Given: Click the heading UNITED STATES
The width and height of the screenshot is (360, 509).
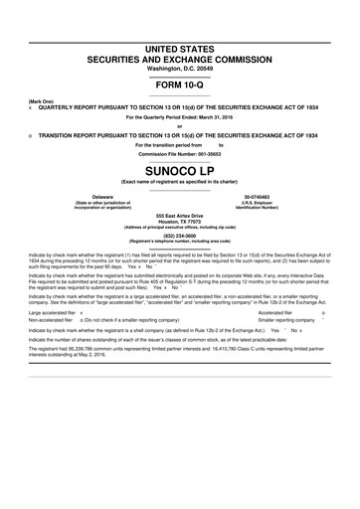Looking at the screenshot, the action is point(180,48).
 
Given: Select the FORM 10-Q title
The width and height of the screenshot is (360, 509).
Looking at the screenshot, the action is point(180,85).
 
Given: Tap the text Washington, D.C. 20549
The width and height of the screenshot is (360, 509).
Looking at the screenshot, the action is point(180,68).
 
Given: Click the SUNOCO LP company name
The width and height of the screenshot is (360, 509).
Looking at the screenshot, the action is point(180,171).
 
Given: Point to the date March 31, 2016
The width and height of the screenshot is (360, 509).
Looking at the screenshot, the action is point(208,116).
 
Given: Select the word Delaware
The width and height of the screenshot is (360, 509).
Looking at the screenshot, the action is point(102,197).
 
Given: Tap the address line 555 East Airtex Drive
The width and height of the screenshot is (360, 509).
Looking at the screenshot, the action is point(180,215).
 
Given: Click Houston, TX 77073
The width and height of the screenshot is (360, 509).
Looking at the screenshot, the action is point(180,221).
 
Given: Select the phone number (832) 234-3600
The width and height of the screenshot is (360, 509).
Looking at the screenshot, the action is point(180,236).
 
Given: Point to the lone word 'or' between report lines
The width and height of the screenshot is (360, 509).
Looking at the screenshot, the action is point(180,125).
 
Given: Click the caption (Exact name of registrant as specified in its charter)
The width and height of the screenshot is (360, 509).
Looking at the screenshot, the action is point(180,183).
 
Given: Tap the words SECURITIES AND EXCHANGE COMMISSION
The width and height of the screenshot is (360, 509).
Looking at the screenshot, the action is point(180,59).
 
